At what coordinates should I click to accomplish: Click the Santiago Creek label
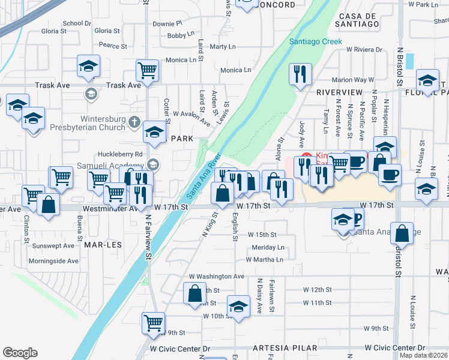coord(315,41)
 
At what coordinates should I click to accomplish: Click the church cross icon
coord(134,126)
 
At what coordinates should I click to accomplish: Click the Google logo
coord(20,353)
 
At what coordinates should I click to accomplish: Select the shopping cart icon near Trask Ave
coord(147,70)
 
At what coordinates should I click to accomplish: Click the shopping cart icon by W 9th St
coord(153,322)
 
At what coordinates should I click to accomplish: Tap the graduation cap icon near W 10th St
coord(238,305)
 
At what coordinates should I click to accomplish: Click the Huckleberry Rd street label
coord(122,154)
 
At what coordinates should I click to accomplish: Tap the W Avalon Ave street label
coord(191,116)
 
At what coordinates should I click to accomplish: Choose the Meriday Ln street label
coord(268,247)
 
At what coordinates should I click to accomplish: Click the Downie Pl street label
coord(167,23)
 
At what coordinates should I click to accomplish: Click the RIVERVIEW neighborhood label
coord(339,92)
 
